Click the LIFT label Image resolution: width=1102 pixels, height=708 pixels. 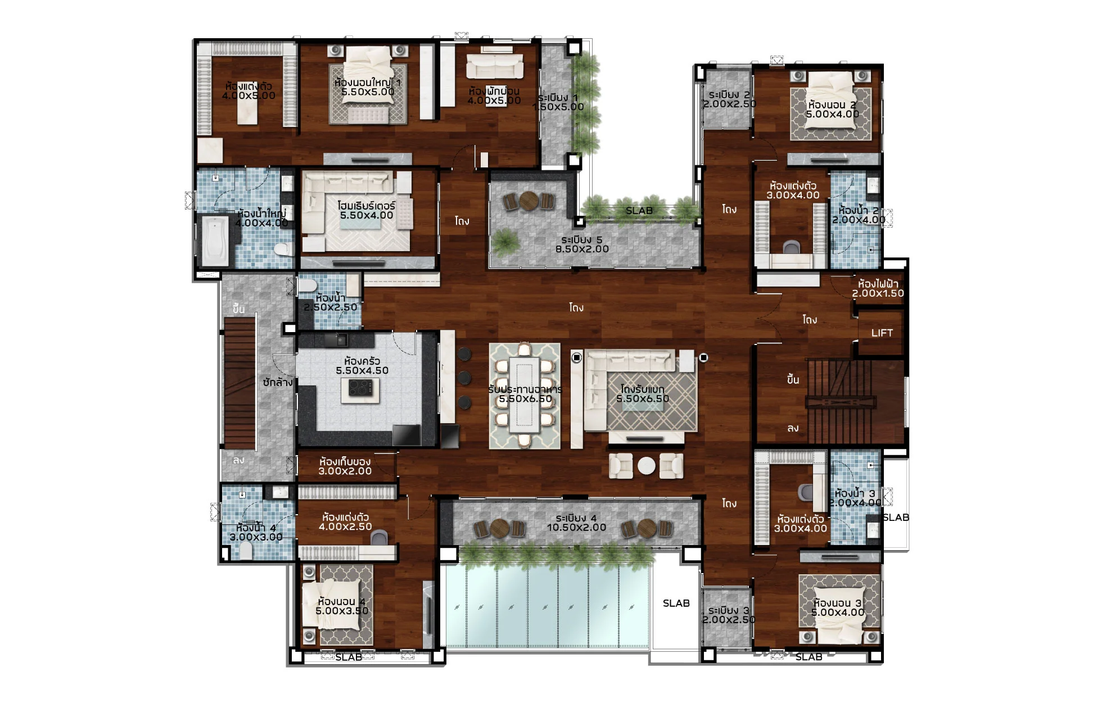coord(882,333)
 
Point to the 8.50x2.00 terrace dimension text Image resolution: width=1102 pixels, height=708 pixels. coord(582,249)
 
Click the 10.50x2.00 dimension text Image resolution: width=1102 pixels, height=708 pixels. coord(576,528)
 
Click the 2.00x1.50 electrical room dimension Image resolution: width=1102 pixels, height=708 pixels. coord(878,293)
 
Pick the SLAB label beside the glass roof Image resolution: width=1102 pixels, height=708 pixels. coord(676,603)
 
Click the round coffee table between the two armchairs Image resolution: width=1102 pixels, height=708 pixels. coord(646,466)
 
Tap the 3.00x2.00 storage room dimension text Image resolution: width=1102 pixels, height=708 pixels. coord(345,471)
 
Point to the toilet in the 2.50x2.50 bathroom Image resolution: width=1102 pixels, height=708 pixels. coord(308,285)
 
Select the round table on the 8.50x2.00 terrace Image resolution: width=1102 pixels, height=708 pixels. coord(529,200)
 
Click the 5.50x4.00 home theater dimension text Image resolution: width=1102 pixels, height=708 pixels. coord(367,215)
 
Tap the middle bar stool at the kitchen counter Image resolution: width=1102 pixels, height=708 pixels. coord(464,378)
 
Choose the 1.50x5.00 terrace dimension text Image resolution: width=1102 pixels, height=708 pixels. coord(558,107)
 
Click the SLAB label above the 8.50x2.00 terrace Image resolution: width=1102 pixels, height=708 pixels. coord(639,211)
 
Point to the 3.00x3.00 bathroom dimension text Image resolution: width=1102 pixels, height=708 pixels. coord(256,537)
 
